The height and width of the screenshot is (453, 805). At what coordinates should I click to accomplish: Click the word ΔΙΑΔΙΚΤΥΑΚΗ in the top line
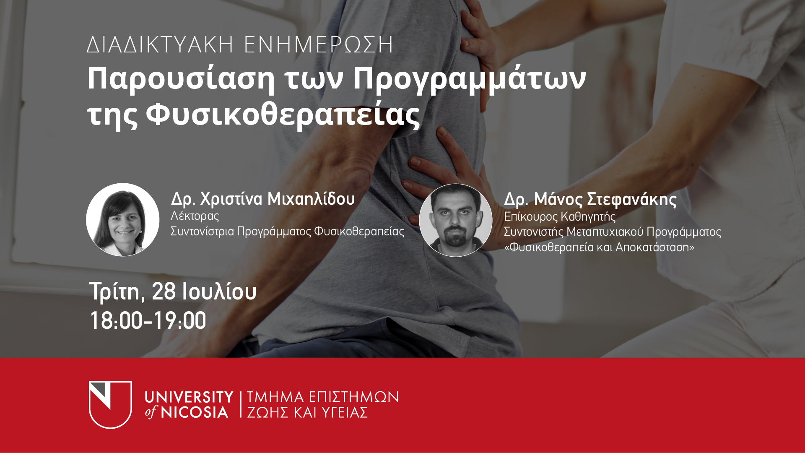tap(160, 44)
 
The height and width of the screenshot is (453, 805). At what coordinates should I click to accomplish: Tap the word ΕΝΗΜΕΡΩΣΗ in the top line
tap(319, 44)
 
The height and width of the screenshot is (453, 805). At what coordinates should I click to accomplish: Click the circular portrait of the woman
tap(123, 219)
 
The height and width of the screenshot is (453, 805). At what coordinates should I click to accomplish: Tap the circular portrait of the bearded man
tap(456, 220)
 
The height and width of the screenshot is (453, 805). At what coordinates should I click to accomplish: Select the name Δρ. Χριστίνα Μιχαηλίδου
tap(263, 199)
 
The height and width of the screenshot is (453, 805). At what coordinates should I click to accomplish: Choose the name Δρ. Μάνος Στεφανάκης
tap(590, 199)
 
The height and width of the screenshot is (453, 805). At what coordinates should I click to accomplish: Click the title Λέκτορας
tap(195, 216)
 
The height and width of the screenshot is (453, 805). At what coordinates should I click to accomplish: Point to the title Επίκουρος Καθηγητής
tap(560, 216)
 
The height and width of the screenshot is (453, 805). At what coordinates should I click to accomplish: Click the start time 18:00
tap(117, 321)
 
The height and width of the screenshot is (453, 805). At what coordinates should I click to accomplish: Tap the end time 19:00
tap(180, 321)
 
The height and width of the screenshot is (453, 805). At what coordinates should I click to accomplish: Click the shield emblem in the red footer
tap(110, 404)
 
